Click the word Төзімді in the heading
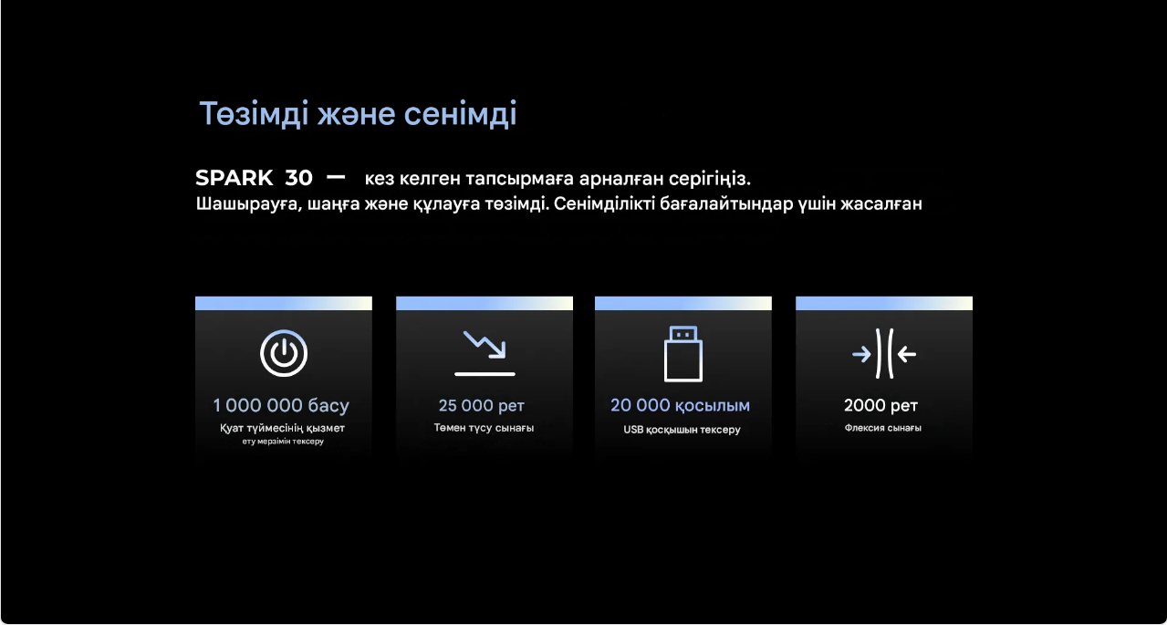click(255, 114)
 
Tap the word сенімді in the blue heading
click(460, 114)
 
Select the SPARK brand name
click(234, 178)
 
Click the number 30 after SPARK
click(298, 178)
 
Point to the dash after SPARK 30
click(336, 178)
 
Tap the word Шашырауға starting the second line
click(249, 204)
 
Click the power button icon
click(284, 353)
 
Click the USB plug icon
click(683, 354)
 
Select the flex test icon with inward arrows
click(884, 354)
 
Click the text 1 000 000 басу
click(281, 405)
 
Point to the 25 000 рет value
click(482, 405)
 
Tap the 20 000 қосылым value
click(680, 406)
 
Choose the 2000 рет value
click(881, 405)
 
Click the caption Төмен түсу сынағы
click(484, 428)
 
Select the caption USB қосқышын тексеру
click(682, 430)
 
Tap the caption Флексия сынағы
click(883, 428)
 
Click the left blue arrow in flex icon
click(861, 355)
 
